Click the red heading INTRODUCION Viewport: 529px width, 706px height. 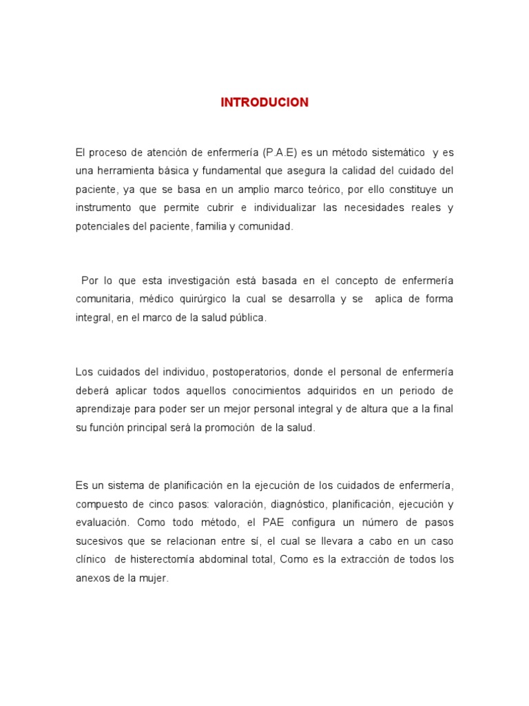click(x=264, y=103)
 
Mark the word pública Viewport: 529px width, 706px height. click(x=247, y=318)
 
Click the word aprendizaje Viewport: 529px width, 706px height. click(x=103, y=409)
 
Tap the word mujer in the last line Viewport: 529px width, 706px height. click(x=154, y=578)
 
